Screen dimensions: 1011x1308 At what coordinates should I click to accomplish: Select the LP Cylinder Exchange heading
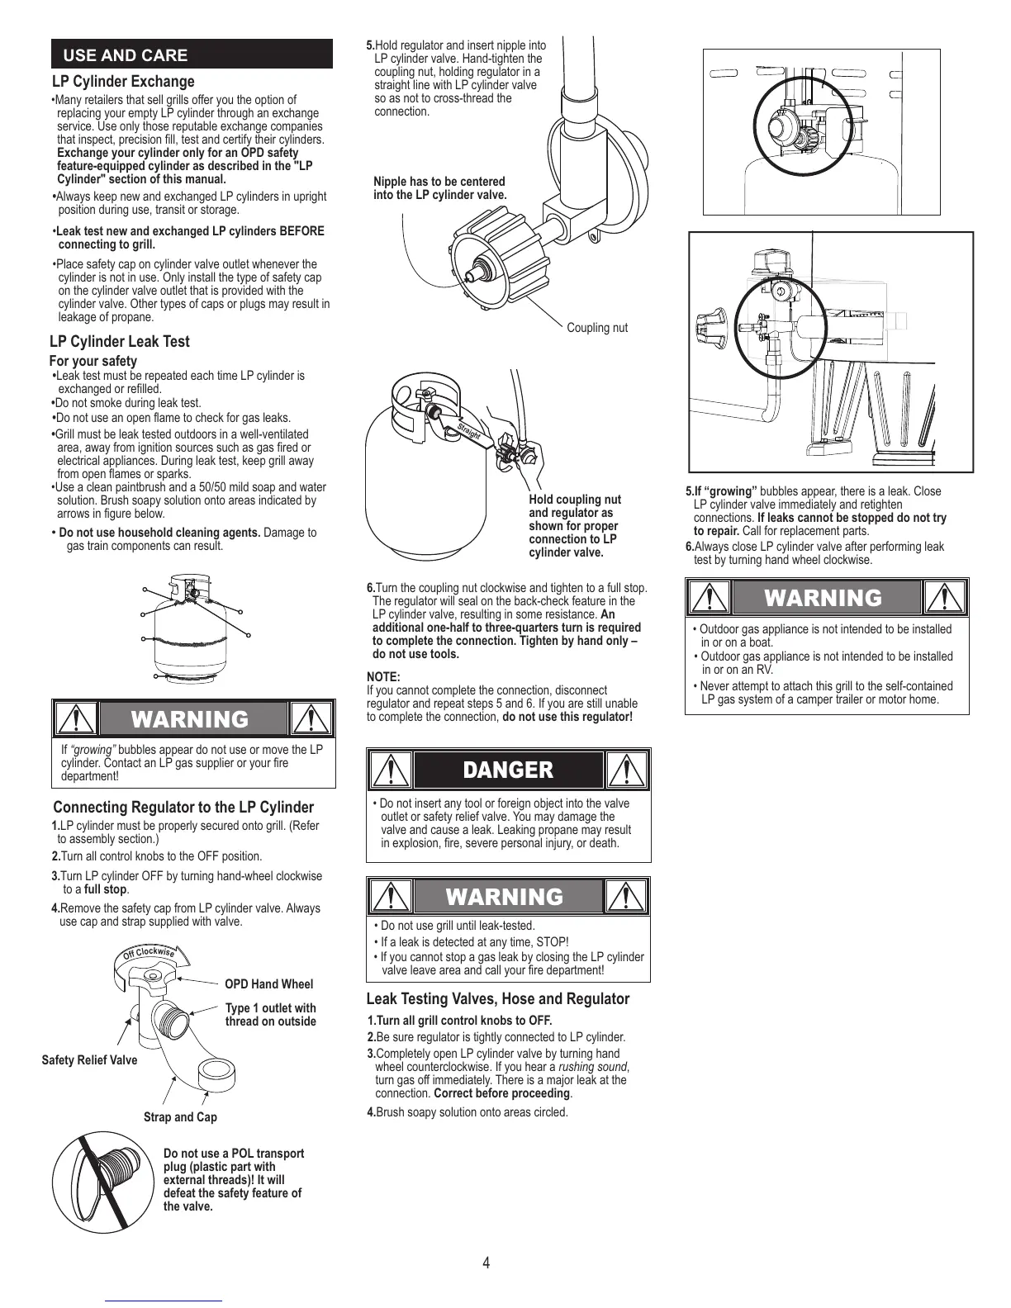(123, 81)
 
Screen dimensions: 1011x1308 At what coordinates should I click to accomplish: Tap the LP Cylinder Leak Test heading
(120, 341)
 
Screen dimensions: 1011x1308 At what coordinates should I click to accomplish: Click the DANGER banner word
(508, 770)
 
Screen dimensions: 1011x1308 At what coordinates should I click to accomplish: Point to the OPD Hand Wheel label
(268, 983)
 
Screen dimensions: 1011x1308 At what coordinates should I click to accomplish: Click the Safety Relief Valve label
(89, 1059)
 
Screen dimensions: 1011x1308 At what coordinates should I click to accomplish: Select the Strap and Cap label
(180, 1116)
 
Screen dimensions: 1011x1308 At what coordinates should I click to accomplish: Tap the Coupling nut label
(596, 328)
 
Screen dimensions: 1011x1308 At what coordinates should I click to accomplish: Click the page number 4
(486, 1263)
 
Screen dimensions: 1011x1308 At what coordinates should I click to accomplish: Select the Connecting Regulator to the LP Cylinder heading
(183, 807)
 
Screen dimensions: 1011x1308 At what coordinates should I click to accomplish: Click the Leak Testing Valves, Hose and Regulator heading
(497, 998)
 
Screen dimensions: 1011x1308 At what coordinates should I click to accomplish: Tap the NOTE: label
(383, 676)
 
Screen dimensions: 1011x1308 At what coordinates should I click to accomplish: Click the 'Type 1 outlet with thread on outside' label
(270, 1014)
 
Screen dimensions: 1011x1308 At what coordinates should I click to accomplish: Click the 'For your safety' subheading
(93, 361)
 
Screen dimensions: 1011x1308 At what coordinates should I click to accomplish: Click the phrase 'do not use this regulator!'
(567, 717)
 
